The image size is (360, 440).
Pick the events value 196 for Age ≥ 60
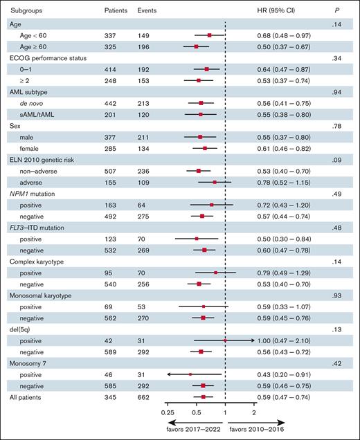tap(145, 46)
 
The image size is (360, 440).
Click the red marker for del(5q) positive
tap(225, 340)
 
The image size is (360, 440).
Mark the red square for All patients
tap(204, 397)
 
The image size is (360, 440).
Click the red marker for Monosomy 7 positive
tap(190, 374)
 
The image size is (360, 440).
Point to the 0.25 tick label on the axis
tap(168, 412)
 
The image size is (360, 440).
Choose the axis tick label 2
tap(254, 412)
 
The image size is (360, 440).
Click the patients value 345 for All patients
tap(111, 397)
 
